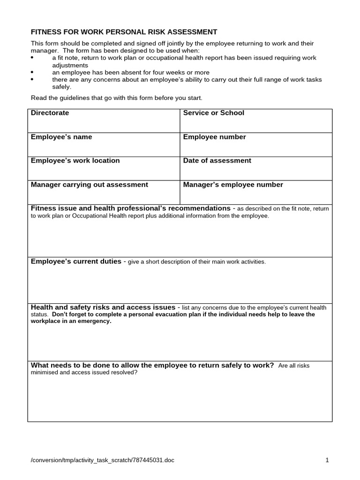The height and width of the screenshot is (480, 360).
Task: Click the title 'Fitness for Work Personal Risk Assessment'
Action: click(x=124, y=32)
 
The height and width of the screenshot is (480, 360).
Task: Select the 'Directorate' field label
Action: click(x=50, y=113)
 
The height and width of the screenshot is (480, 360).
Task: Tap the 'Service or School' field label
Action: click(x=213, y=113)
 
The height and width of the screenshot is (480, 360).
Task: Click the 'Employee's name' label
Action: click(x=61, y=137)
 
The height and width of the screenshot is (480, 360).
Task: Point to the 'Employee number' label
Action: click(x=214, y=137)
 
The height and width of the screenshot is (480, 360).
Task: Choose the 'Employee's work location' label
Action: click(x=75, y=161)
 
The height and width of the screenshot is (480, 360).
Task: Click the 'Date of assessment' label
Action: click(x=217, y=161)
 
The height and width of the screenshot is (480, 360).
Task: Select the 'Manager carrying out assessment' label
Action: click(x=89, y=185)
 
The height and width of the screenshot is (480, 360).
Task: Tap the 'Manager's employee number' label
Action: click(x=233, y=185)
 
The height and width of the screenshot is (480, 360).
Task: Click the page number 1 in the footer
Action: click(x=327, y=460)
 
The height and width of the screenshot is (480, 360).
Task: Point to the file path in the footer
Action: click(x=102, y=460)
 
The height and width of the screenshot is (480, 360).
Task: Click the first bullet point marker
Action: click(x=32, y=58)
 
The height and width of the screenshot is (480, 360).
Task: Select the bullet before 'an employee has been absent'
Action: click(x=32, y=73)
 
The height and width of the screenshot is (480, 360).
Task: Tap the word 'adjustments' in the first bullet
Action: click(x=70, y=65)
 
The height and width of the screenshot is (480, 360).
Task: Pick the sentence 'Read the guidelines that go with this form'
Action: click(x=116, y=98)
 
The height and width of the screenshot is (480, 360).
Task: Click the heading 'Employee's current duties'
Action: click(x=76, y=262)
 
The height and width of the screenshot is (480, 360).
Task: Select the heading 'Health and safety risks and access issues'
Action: click(x=103, y=307)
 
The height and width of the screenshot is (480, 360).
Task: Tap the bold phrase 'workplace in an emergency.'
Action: click(x=71, y=322)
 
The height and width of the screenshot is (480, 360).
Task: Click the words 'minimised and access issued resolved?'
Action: click(x=84, y=373)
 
